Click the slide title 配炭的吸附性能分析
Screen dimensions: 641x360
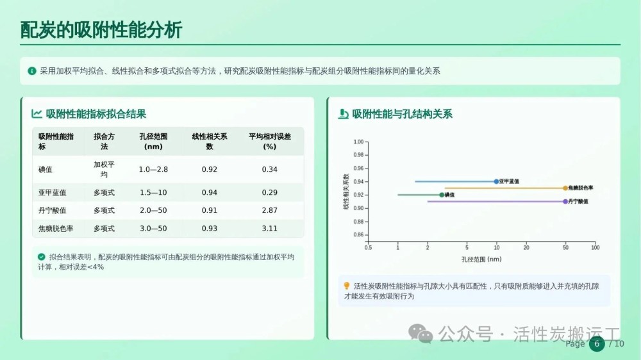[x=101, y=30]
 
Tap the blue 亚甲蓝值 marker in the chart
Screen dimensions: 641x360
[x=496, y=181]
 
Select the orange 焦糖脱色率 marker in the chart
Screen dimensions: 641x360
[x=565, y=188]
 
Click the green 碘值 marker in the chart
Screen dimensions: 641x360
[x=442, y=195]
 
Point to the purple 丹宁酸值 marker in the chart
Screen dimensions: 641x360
[x=565, y=201]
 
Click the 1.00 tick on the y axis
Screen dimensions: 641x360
[x=358, y=142]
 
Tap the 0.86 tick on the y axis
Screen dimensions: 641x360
[x=358, y=235]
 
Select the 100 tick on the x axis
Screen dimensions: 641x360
[x=595, y=248]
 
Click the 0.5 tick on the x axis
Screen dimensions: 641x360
[x=369, y=248]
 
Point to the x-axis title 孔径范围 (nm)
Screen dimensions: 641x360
[x=481, y=259]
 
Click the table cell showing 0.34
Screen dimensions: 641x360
[x=270, y=169]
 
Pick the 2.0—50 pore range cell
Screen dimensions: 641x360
[x=153, y=211]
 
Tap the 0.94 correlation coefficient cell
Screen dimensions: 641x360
[x=210, y=192]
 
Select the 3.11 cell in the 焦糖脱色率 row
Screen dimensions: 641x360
[x=270, y=229]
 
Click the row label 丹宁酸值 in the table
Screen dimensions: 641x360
[x=53, y=211]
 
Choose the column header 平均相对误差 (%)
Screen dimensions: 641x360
[x=270, y=142]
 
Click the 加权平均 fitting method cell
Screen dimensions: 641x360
[x=104, y=169]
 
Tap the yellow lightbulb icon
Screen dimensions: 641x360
[x=347, y=286]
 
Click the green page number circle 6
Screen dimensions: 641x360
[x=597, y=343]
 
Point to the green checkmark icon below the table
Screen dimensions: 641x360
[x=41, y=257]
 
